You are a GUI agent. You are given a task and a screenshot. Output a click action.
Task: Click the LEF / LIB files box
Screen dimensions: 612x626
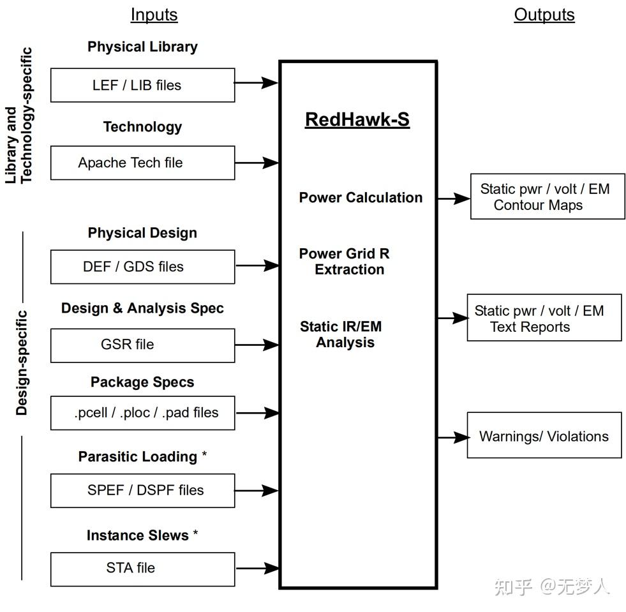tap(142, 85)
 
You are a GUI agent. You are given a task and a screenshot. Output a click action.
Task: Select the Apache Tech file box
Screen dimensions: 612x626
tap(142, 163)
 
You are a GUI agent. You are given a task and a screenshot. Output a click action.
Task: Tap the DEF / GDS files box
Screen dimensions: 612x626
tap(142, 267)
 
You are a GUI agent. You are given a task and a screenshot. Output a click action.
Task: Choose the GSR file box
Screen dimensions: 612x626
tap(142, 345)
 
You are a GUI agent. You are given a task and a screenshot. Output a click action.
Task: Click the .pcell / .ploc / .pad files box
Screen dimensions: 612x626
tap(142, 413)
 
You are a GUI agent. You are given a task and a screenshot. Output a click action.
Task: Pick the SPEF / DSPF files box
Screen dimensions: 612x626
tap(142, 490)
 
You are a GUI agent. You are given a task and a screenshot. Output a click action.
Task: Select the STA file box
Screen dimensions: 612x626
tap(142, 568)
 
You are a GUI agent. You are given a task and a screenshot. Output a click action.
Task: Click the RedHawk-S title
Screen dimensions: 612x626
tap(357, 119)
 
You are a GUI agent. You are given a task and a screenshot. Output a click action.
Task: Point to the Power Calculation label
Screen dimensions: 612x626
tap(361, 198)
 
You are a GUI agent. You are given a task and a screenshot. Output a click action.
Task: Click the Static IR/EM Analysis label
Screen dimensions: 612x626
tap(341, 334)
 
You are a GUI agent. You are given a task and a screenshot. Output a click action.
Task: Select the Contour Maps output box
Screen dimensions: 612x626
tap(547, 197)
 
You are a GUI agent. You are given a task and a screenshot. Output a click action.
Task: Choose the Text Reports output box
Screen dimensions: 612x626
tap(544, 318)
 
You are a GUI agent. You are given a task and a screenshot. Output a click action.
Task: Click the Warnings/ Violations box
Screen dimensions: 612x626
tap(544, 437)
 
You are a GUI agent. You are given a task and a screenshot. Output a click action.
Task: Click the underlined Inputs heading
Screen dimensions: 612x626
tap(154, 15)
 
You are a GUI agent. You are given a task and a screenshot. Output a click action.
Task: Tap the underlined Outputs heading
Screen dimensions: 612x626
tap(544, 15)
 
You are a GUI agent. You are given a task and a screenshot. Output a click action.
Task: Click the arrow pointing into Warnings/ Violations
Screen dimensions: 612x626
tap(452, 437)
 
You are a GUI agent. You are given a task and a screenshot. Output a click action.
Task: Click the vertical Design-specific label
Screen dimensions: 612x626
tap(22, 362)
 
